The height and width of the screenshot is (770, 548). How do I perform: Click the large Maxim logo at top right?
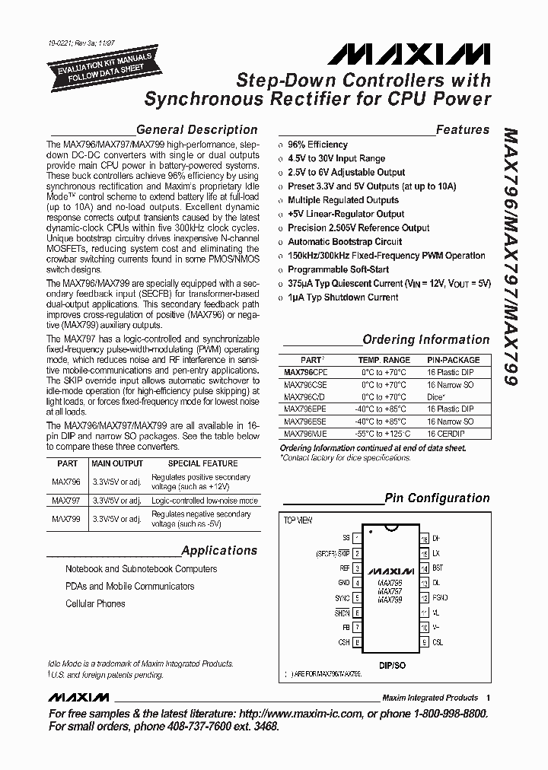(x=410, y=53)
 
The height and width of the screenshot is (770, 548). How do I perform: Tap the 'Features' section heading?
(x=462, y=130)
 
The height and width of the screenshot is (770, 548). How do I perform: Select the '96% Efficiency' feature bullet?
(x=317, y=145)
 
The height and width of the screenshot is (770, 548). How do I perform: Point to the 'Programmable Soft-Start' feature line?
(x=338, y=269)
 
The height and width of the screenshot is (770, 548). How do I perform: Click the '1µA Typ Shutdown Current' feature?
(x=342, y=297)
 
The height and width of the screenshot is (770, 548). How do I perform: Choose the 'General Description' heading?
(x=196, y=130)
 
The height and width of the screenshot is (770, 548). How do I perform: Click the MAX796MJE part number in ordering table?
(x=304, y=434)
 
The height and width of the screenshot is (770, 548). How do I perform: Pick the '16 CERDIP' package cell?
(x=446, y=434)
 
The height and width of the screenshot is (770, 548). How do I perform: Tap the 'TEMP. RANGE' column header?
(x=384, y=360)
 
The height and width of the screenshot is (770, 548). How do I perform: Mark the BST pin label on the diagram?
(x=438, y=568)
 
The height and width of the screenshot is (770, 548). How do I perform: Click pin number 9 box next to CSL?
(x=423, y=642)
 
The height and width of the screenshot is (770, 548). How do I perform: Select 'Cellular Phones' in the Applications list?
(x=95, y=604)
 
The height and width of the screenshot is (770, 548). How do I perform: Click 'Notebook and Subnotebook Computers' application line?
(x=141, y=569)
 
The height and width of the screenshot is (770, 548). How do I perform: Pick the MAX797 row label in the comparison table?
(x=66, y=501)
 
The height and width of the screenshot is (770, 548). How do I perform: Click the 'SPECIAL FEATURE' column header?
(x=202, y=463)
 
